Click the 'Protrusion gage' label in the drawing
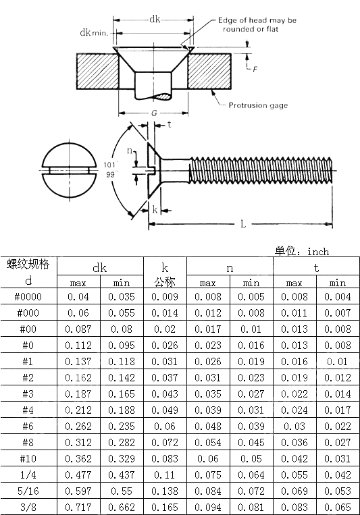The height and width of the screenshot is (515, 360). (x=257, y=105)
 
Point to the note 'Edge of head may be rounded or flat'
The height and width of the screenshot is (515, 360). (x=257, y=25)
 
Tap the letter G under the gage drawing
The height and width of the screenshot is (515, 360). (x=154, y=113)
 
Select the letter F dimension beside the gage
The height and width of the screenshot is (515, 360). (x=255, y=68)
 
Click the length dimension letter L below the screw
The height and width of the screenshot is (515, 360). (x=242, y=223)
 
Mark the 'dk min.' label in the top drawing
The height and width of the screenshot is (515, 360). (x=94, y=32)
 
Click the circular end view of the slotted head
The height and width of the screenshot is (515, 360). (x=68, y=171)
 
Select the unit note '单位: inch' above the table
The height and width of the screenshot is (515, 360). (x=302, y=251)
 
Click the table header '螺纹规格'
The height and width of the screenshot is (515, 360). (x=28, y=265)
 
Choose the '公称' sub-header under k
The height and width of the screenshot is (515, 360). (x=165, y=281)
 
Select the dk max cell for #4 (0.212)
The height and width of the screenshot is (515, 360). (x=78, y=410)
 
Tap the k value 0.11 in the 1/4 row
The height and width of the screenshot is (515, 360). (x=165, y=475)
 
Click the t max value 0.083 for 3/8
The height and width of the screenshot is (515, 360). (x=294, y=508)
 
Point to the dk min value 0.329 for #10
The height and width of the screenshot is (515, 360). (x=122, y=459)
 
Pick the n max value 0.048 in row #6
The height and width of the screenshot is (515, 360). (x=208, y=427)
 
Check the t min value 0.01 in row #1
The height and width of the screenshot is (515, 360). (x=338, y=362)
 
